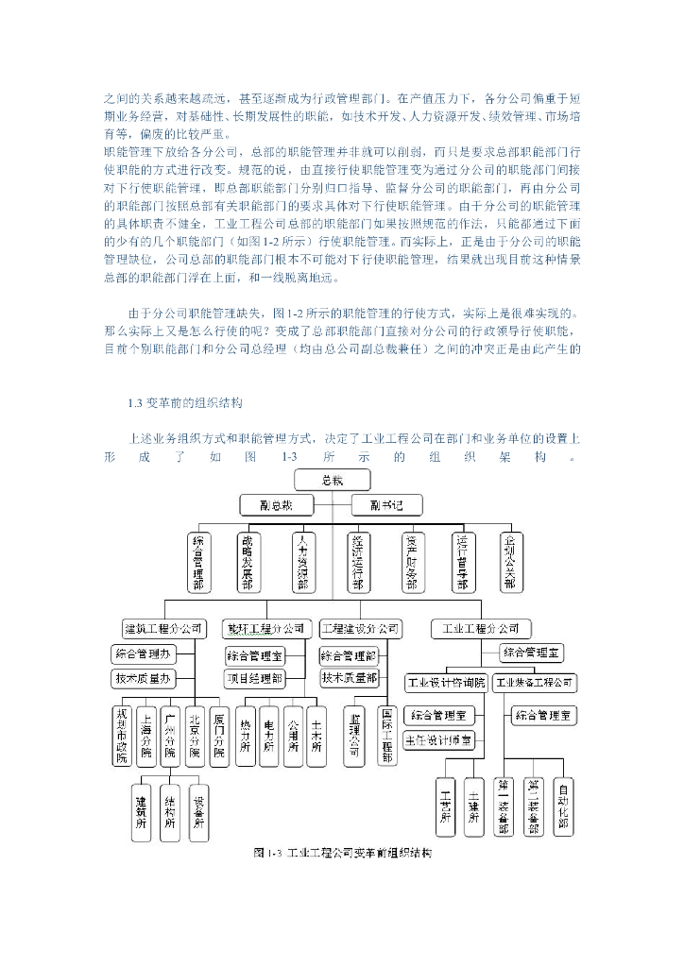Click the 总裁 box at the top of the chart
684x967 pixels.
coord(332,482)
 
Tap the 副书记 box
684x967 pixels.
coord(386,505)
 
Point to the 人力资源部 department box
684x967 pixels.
coord(302,562)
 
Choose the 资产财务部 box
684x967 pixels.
coord(411,562)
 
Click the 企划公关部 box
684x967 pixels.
coord(511,562)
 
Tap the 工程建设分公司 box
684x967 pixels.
coord(360,628)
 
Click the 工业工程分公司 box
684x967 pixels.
coord(480,628)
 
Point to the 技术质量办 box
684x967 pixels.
coord(144,678)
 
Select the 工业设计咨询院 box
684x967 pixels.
coord(446,682)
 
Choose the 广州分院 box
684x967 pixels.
coord(170,734)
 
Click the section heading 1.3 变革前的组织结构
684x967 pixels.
coord(185,404)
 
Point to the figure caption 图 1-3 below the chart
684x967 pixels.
coord(342,853)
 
